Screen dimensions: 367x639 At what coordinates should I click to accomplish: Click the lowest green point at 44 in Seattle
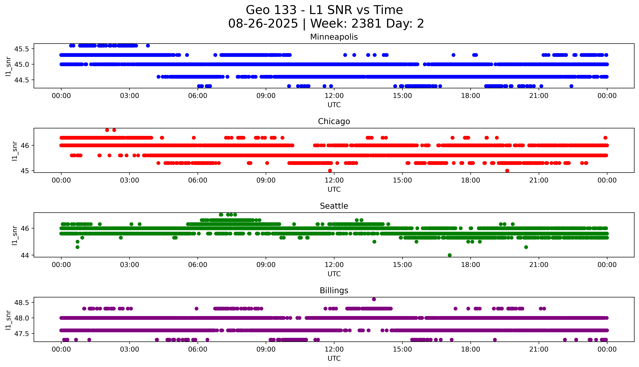(x=449, y=255)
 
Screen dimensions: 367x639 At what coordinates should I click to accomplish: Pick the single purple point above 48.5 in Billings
(x=374, y=299)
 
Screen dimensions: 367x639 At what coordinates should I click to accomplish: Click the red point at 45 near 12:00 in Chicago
(x=330, y=171)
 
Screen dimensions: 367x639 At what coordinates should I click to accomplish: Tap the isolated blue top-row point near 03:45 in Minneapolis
(x=148, y=46)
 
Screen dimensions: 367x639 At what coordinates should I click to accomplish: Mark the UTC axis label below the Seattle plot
(x=334, y=274)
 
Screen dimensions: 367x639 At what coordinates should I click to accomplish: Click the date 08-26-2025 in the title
(x=263, y=24)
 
